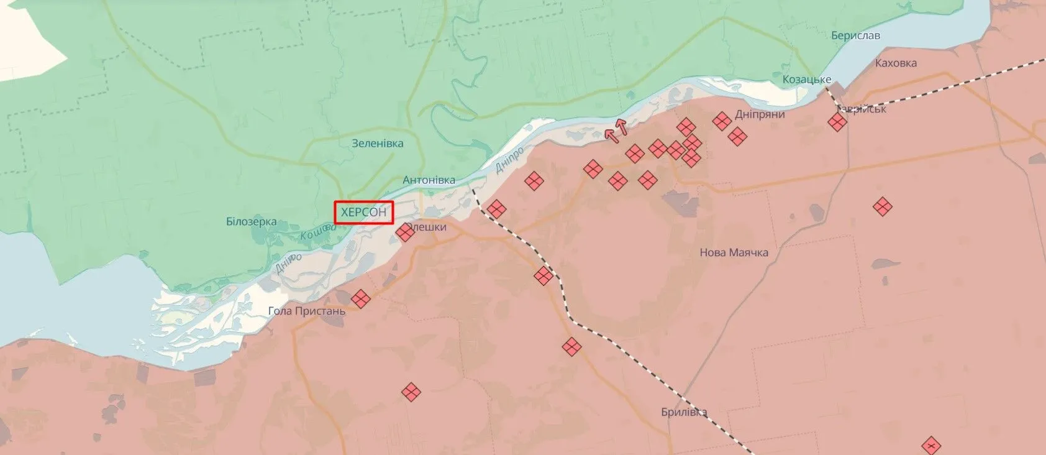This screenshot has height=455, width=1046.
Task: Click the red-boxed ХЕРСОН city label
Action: (x=364, y=212)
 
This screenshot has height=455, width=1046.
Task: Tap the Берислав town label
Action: (x=855, y=35)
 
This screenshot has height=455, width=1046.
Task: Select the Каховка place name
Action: (x=896, y=63)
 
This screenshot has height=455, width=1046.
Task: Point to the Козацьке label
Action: (x=807, y=80)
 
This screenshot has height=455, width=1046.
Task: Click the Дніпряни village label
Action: (x=760, y=114)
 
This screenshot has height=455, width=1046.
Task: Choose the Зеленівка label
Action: (x=378, y=143)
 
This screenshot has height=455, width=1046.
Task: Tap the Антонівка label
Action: (x=429, y=180)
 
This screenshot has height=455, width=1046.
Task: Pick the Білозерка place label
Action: (x=252, y=221)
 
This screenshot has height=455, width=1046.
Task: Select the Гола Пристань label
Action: (x=307, y=310)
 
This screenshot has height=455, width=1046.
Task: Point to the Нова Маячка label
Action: (x=734, y=252)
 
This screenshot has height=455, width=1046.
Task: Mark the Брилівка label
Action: (x=684, y=412)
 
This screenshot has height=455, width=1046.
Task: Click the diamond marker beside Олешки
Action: (x=405, y=232)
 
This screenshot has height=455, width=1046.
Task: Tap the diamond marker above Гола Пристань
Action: (x=360, y=299)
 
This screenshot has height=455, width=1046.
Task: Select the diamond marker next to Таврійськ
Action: (x=837, y=122)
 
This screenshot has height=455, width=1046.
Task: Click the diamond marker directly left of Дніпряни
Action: (x=721, y=121)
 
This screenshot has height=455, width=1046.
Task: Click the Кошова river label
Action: (x=318, y=232)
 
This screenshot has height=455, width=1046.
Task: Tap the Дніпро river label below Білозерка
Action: (x=288, y=263)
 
